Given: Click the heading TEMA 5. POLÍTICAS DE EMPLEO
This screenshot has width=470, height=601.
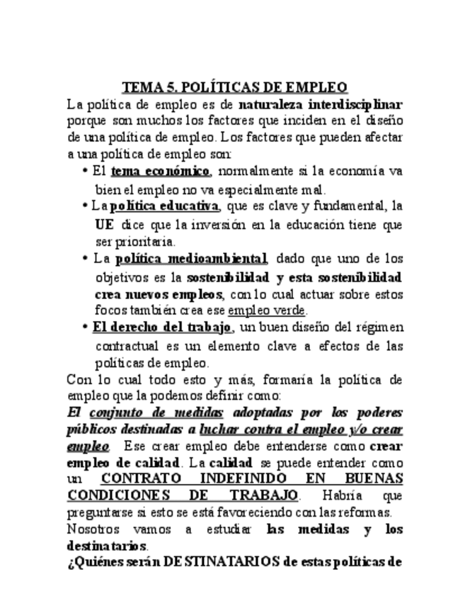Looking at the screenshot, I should pyautogui.click(x=235, y=88).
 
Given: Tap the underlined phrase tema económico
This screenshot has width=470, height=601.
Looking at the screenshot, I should pyautogui.click(x=161, y=172).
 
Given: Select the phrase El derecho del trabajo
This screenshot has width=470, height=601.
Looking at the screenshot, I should pyautogui.click(x=162, y=327).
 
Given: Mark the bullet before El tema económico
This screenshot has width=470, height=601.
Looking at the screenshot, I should pyautogui.click(x=85, y=172).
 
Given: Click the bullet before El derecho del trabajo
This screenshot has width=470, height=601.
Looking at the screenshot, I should pyautogui.click(x=85, y=328).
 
